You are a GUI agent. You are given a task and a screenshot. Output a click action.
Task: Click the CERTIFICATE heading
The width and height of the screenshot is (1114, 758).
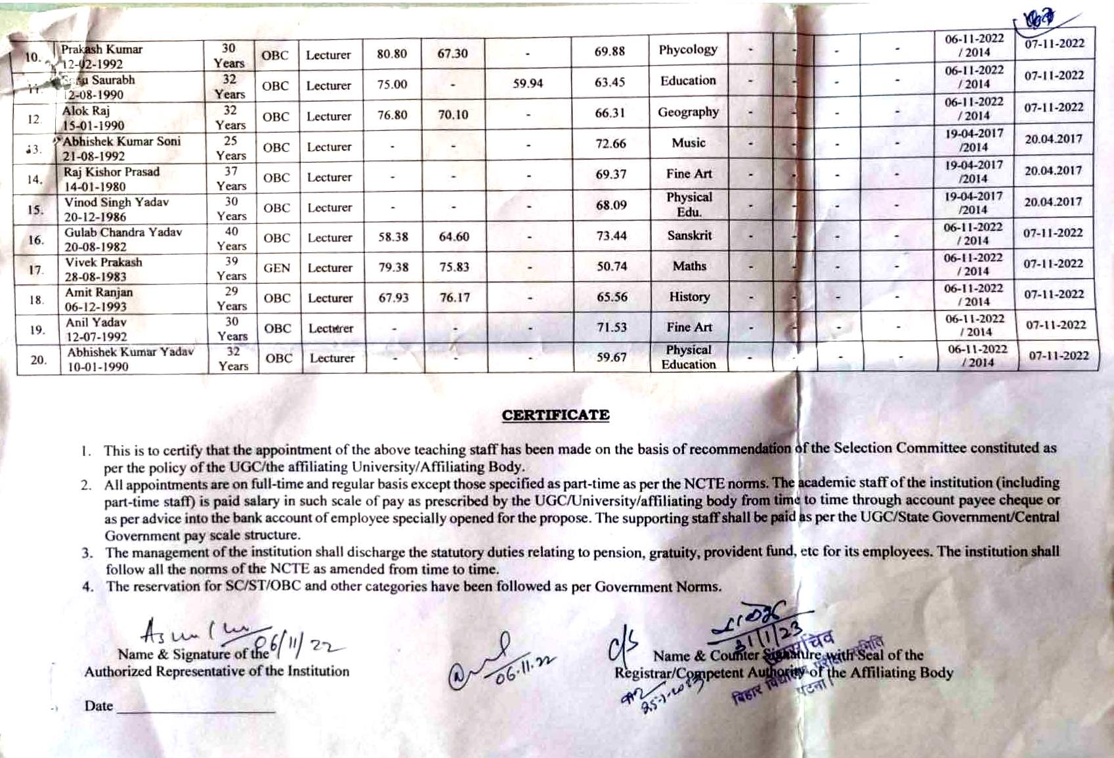coord(555,415)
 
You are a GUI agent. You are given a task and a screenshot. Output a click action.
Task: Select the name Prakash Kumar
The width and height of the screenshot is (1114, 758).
coord(102,49)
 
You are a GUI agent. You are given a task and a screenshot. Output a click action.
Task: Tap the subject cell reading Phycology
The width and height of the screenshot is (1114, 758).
coord(688,50)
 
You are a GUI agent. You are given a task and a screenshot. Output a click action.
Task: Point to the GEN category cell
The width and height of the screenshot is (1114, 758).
coord(276,268)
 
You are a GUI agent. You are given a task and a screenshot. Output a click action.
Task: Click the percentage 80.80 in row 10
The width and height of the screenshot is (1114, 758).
coord(392,54)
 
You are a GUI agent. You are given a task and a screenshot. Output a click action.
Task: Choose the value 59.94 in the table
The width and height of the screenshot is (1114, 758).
coord(528,83)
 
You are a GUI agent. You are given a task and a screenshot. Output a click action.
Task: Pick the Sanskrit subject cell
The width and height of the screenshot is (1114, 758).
coord(689,235)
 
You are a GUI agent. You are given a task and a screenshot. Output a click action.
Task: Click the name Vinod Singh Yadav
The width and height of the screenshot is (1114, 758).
coord(116,202)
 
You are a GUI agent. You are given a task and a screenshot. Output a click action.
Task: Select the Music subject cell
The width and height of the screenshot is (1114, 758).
coord(689,143)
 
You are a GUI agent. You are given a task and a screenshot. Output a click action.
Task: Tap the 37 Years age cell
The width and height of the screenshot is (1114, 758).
coord(231,179)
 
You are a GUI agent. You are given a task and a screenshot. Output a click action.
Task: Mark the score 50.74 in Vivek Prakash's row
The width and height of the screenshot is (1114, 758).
coord(612,266)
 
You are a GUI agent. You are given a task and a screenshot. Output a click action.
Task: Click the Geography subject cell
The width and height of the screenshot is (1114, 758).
coord(688,112)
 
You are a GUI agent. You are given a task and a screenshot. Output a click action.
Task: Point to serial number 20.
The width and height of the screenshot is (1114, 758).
coord(39,359)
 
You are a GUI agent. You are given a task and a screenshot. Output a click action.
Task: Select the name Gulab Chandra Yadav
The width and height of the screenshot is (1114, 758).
coord(123,233)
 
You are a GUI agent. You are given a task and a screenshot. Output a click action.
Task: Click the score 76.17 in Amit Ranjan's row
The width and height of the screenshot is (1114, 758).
coord(455,298)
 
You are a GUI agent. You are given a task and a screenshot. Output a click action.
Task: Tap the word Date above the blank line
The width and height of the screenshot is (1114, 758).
coord(98,706)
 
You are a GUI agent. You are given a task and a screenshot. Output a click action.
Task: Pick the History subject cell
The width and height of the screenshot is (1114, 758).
coord(689,297)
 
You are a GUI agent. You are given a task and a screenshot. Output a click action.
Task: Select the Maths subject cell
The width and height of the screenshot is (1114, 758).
coord(689,266)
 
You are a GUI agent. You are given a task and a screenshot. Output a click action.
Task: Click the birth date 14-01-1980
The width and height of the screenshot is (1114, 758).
coord(95,187)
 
